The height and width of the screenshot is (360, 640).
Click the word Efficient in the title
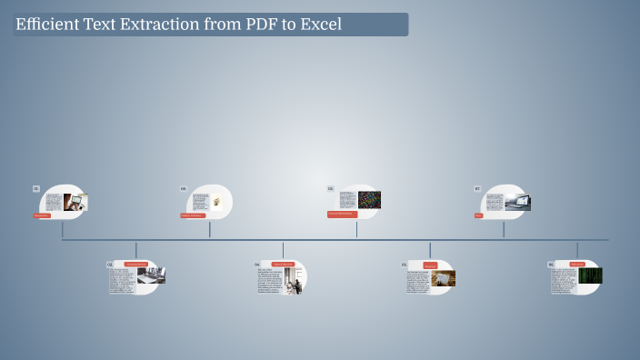coord(45,25)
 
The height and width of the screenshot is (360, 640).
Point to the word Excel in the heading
coord(320,25)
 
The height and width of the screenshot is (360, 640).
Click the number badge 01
coord(36,189)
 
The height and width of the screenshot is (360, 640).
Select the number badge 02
coord(110,265)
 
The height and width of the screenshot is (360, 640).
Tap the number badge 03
coord(184,189)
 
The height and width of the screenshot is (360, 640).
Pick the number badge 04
coord(257,265)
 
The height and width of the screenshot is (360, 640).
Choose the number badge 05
coord(331,189)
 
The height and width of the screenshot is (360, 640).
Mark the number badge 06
coord(405,265)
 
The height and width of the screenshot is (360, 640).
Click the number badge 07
coord(477,189)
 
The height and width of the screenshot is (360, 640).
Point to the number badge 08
coord(551,265)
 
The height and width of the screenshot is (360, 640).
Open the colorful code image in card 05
coord(369,200)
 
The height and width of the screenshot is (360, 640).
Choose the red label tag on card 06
coord(430,265)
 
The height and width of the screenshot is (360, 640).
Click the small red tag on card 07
coord(479,215)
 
